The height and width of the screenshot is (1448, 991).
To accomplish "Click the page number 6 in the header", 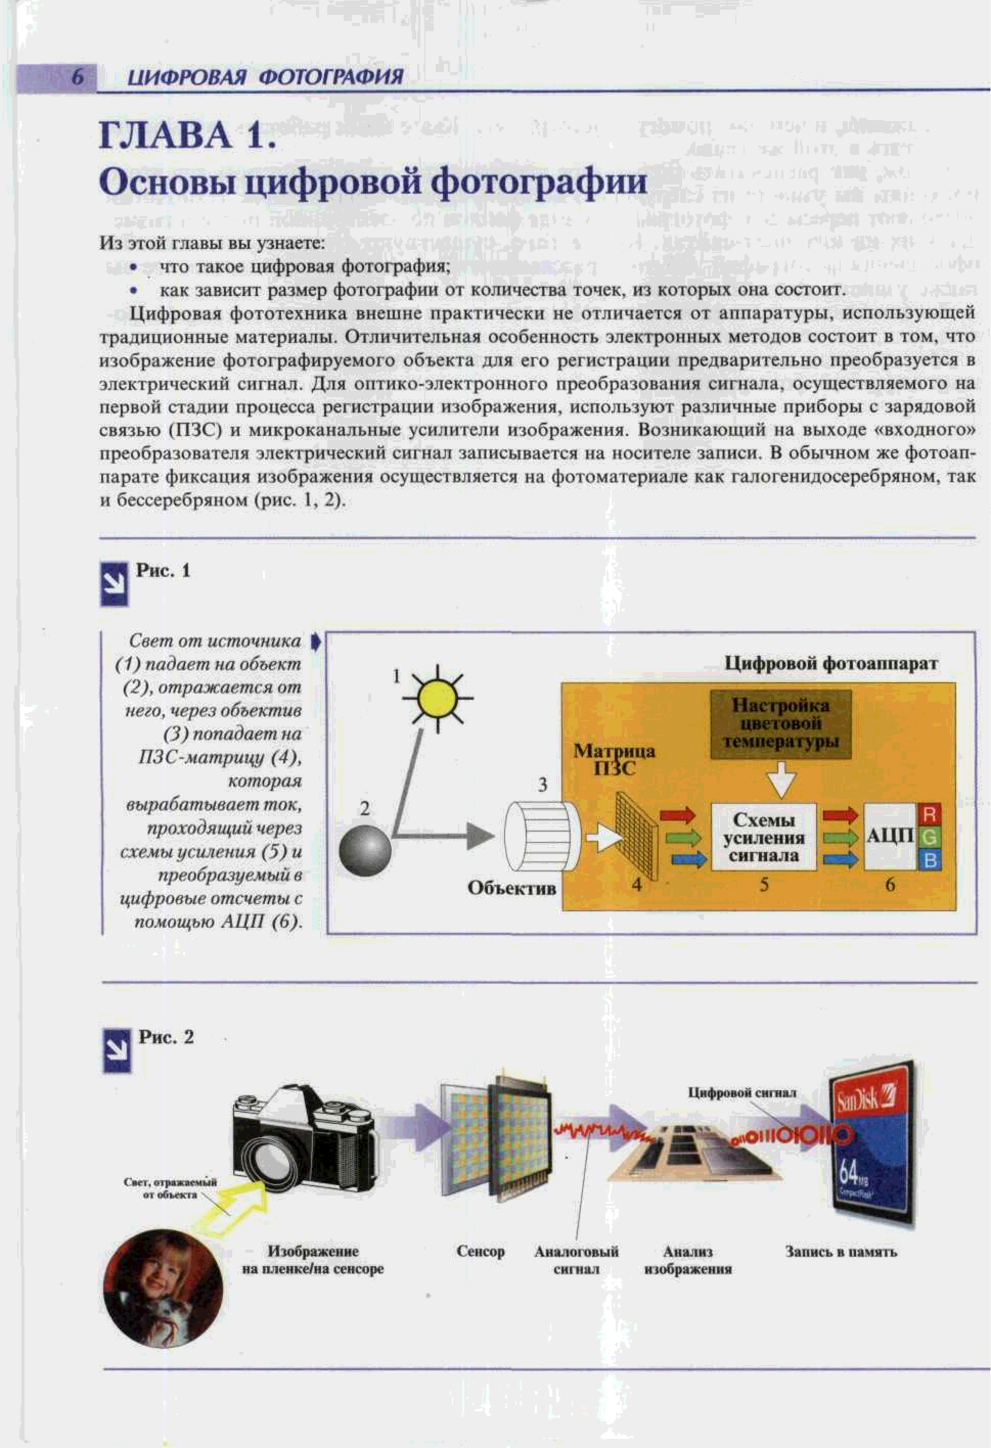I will (x=77, y=77).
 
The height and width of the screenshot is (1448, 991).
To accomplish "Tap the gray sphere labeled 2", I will (x=365, y=850).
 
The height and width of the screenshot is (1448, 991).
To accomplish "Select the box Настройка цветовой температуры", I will (x=780, y=723).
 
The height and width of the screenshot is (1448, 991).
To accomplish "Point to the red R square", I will (x=929, y=815).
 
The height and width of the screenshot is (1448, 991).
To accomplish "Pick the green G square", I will (x=929, y=837).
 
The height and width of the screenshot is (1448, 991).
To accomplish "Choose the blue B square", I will (x=929, y=860).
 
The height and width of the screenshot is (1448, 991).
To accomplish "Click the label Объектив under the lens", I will (x=512, y=888).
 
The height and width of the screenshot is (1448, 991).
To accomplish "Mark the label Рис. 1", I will (x=163, y=571).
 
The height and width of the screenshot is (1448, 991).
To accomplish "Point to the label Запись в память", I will (x=840, y=1251).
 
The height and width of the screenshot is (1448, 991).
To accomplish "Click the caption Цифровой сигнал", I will (x=741, y=1092).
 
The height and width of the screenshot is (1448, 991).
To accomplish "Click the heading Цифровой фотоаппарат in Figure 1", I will (x=830, y=663).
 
